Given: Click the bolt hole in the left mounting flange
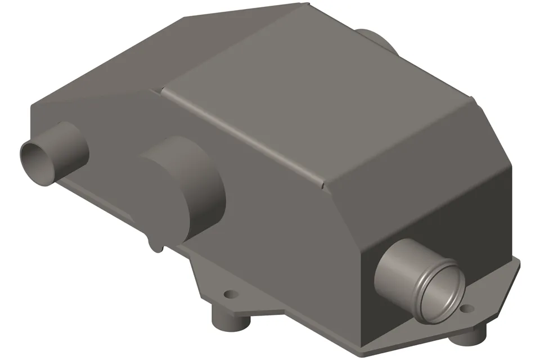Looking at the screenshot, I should point(229,294).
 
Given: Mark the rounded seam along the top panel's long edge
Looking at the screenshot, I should point(242,135).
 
